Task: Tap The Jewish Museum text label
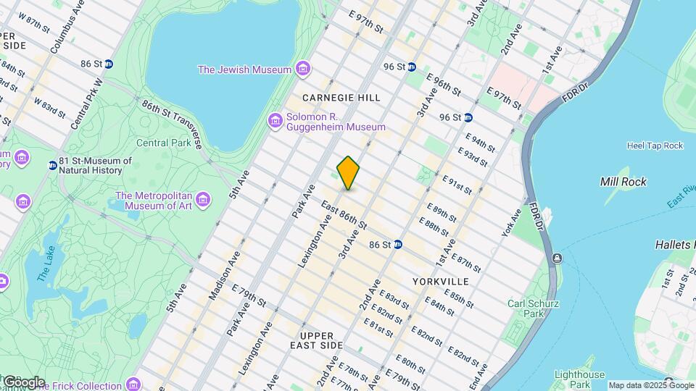click(245, 70)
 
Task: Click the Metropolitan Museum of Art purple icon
click(203, 199)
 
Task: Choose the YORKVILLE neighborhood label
click(440, 281)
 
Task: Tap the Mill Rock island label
click(623, 182)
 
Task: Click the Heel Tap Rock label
click(655, 146)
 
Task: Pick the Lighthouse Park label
click(579, 379)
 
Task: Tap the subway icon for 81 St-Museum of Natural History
click(52, 165)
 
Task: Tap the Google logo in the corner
click(24, 382)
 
